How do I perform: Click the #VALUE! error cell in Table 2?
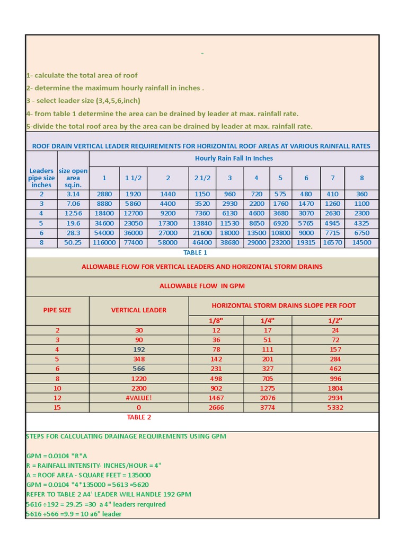click(x=139, y=398)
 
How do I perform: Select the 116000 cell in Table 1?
click(x=104, y=242)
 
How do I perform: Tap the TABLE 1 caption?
click(x=195, y=252)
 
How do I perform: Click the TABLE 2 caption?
click(x=139, y=417)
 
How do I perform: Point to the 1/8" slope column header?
click(x=216, y=320)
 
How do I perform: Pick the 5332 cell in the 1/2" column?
click(x=335, y=407)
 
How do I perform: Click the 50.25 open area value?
click(x=74, y=242)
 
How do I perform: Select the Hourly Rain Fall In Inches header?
click(x=234, y=158)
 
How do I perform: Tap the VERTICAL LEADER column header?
click(x=139, y=310)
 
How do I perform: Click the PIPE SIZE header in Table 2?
click(x=57, y=310)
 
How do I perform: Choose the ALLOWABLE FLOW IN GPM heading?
click(x=202, y=286)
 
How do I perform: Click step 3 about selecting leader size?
click(x=83, y=101)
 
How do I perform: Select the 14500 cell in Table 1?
click(x=361, y=242)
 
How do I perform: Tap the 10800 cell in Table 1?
click(x=280, y=233)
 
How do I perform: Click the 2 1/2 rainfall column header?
click(x=202, y=178)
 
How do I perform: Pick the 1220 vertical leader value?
click(x=139, y=379)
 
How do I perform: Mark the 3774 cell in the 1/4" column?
click(x=267, y=407)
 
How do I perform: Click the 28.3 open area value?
click(x=74, y=233)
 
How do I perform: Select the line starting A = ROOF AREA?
click(x=89, y=475)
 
